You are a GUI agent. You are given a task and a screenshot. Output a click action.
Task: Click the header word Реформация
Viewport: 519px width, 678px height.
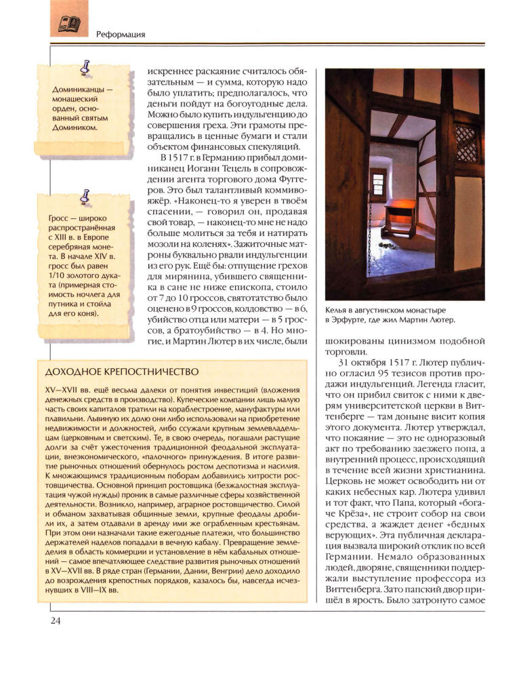click(122, 35)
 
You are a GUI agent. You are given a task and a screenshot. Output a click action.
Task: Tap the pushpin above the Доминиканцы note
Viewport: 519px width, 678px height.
click(85, 66)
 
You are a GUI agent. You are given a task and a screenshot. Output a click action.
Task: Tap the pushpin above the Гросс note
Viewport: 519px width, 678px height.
click(85, 196)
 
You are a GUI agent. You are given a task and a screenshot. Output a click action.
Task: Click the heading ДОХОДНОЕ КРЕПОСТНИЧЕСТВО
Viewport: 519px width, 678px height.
click(120, 372)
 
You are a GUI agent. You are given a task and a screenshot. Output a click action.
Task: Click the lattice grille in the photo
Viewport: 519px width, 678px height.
click(467, 142)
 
